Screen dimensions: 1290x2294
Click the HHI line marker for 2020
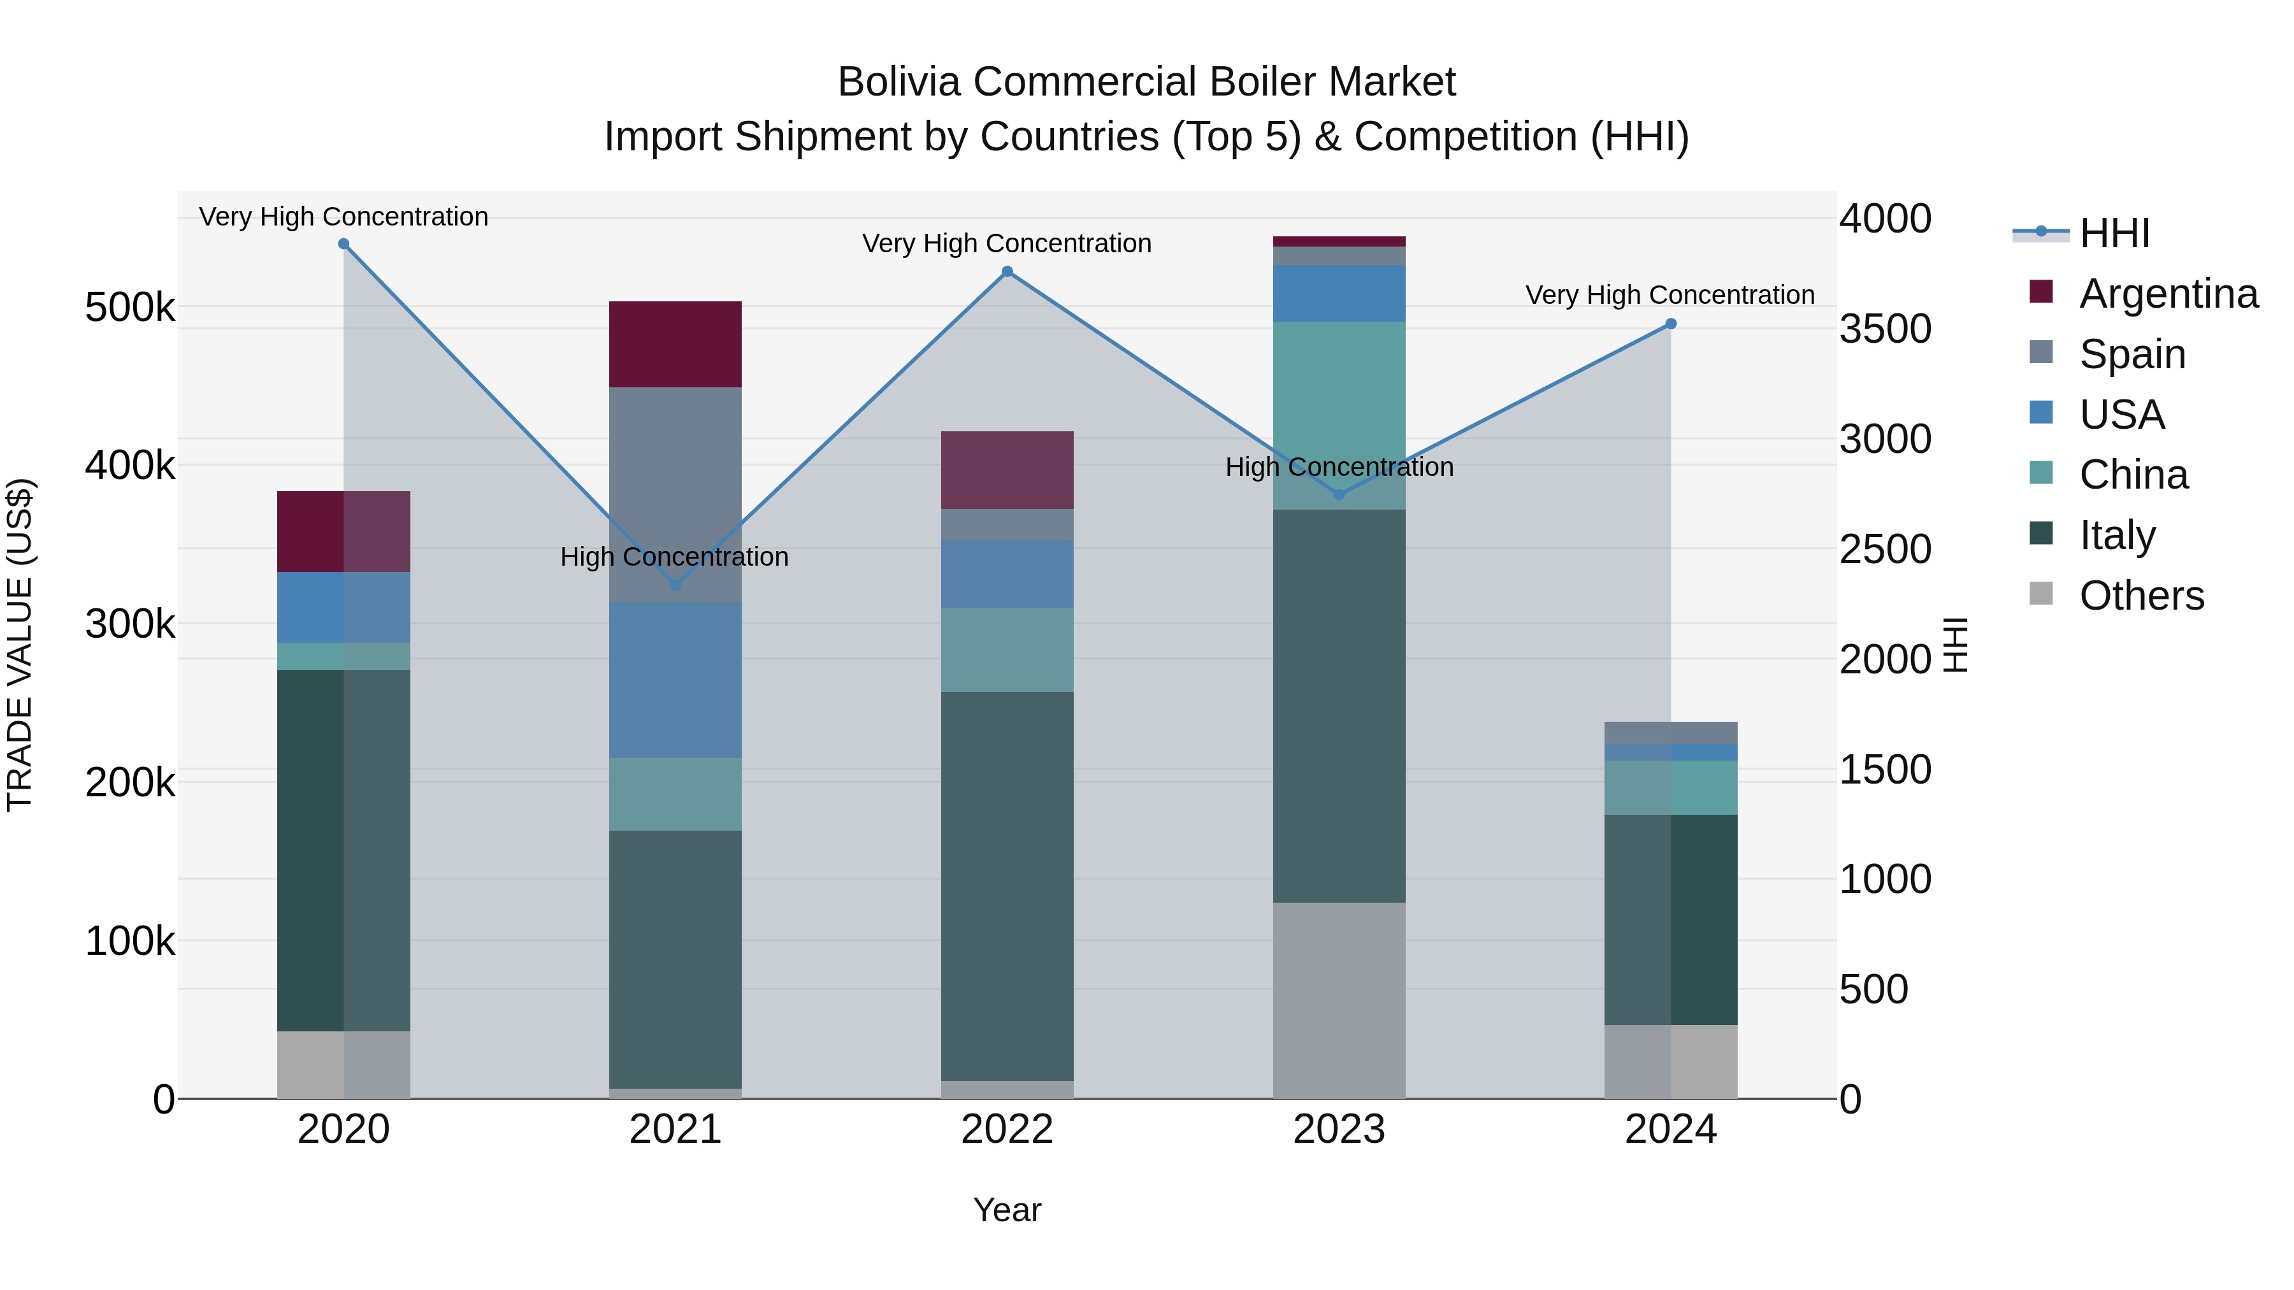(343, 244)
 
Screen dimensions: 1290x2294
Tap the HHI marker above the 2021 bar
(675, 585)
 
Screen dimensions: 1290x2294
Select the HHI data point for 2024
(1671, 324)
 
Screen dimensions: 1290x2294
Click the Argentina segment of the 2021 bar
(675, 345)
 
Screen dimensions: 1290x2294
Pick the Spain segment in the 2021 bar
(675, 494)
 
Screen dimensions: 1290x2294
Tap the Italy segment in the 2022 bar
(1007, 886)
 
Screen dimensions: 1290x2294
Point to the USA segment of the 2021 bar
(675, 680)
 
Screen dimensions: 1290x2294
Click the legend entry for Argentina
(2168, 294)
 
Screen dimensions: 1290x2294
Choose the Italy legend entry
(2117, 535)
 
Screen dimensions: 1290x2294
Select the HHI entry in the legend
(2114, 233)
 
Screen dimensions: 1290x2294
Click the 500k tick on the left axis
(130, 308)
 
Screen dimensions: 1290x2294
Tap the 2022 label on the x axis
(1007, 1129)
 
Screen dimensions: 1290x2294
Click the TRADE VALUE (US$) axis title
(20, 645)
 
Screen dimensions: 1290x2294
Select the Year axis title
(1007, 1210)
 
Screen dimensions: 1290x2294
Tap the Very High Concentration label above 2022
(1007, 243)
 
